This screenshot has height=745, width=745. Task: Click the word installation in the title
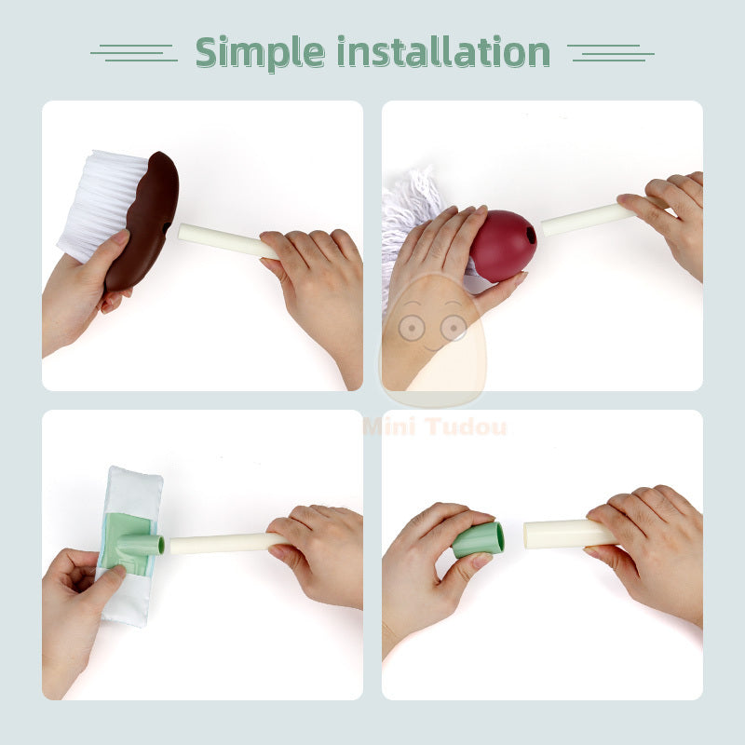click(443, 52)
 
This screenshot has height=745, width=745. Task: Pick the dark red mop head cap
click(504, 244)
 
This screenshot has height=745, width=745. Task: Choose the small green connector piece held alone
click(479, 539)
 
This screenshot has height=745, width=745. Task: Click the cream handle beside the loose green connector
click(559, 534)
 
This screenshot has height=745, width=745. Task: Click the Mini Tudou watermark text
click(435, 427)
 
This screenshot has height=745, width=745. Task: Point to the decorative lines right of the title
click(610, 52)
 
